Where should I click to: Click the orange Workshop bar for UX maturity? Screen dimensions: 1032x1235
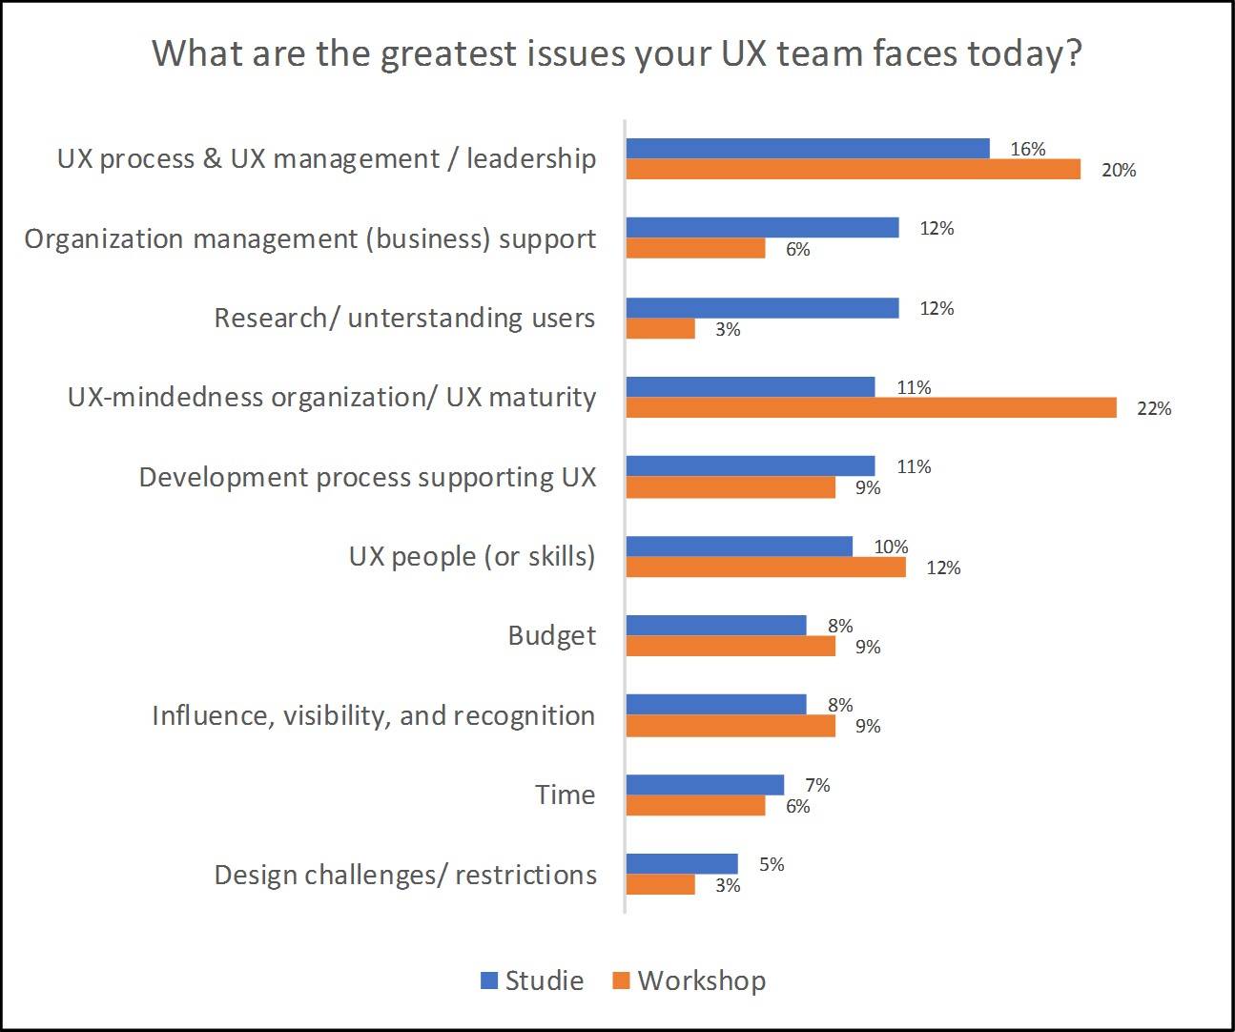pos(871,408)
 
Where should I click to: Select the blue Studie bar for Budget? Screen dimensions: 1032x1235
pos(716,626)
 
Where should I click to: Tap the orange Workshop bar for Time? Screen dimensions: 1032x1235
pos(695,806)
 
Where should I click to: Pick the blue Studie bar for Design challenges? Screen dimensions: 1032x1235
pos(682,864)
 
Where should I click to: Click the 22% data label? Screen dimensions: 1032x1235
pos(1154,409)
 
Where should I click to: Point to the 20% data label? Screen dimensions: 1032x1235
pos(1119,171)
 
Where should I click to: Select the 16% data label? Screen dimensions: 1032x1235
pos(1028,149)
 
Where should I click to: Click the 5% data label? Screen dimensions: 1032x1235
pos(772,864)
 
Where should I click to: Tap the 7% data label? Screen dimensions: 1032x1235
pos(817,785)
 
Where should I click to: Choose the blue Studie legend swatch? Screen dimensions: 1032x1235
pos(489,980)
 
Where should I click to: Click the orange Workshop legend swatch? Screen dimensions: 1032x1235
pos(621,980)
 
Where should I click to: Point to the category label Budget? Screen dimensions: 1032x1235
pos(551,635)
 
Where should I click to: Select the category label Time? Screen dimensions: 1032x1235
pos(565,795)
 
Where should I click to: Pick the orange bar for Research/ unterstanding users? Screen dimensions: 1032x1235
pos(660,328)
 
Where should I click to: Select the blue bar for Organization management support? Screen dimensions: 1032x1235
pos(762,228)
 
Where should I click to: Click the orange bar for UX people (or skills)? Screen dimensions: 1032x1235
pos(766,568)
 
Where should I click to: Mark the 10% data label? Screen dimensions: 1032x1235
pos(891,547)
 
